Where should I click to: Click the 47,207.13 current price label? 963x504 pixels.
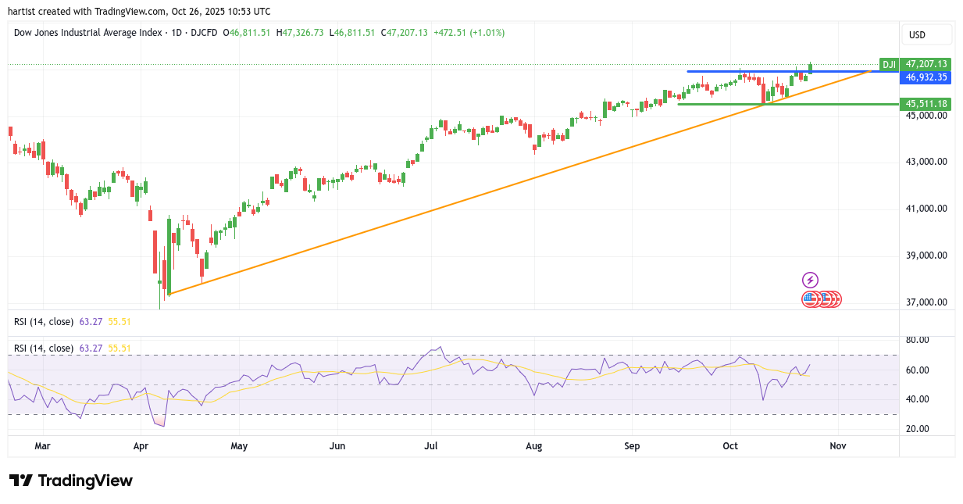[926, 64]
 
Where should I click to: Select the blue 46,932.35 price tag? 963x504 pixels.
[926, 77]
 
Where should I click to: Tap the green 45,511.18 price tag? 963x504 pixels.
[926, 104]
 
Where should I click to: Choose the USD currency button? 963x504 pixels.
[926, 34]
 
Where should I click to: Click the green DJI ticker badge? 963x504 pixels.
[889, 64]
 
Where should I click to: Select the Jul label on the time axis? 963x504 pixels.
[430, 445]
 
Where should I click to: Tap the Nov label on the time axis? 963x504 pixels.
[838, 445]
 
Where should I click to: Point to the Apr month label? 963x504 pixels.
[141, 445]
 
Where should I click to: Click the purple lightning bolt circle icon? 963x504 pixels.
[810, 280]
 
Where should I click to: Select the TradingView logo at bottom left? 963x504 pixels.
[70, 481]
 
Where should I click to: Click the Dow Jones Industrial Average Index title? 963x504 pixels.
[87, 33]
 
